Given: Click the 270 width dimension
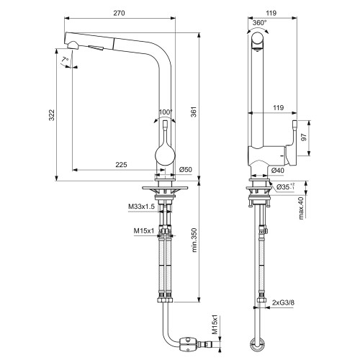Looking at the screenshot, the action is pyautogui.click(x=119, y=13).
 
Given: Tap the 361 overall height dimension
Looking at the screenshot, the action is pyautogui.click(x=194, y=112).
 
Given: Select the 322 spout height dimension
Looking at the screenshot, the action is pyautogui.click(x=52, y=115).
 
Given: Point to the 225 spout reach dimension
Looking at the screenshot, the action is pyautogui.click(x=121, y=165).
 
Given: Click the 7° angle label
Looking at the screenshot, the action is pyautogui.click(x=65, y=59).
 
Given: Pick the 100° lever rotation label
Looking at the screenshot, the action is pyautogui.click(x=166, y=112).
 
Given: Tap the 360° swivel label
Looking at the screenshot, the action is pyautogui.click(x=259, y=23).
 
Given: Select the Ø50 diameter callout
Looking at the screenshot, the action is pyautogui.click(x=186, y=169).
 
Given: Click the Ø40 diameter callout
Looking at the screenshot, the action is pyautogui.click(x=278, y=171).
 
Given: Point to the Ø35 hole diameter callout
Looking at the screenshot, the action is pyautogui.click(x=285, y=186).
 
